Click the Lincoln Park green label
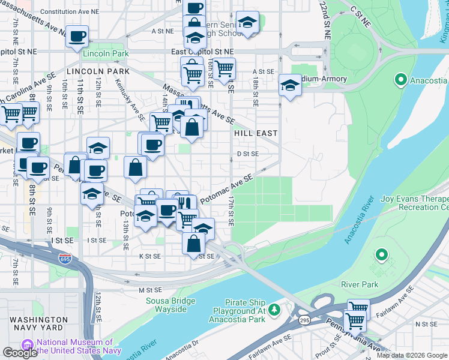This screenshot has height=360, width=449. click(98, 53)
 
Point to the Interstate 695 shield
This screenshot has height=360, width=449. click(65, 259)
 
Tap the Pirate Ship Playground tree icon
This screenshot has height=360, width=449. click(274, 309)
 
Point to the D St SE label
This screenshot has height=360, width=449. click(247, 154)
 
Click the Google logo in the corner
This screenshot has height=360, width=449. click(20, 353)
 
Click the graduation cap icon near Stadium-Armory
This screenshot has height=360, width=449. click(290, 85)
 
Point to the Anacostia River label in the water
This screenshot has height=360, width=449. click(359, 220)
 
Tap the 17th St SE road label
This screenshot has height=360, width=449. click(231, 210)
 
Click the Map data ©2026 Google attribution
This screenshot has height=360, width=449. click(411, 355)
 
